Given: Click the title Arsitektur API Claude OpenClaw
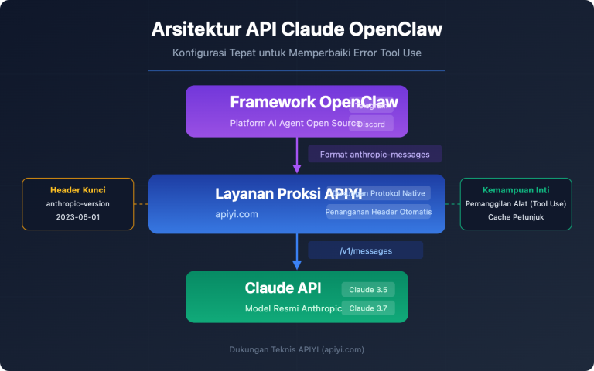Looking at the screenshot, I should [x=297, y=29].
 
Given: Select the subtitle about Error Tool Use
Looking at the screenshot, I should [x=297, y=53].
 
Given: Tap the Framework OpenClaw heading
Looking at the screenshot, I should [x=314, y=102].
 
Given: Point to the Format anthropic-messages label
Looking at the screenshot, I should [x=374, y=154].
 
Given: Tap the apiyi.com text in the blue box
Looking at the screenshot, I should [x=237, y=213].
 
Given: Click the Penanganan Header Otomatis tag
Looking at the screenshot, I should [x=379, y=212].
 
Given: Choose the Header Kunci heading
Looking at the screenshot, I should [x=77, y=190].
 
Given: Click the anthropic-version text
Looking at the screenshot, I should [x=77, y=203].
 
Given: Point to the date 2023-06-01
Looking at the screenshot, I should [x=77, y=217].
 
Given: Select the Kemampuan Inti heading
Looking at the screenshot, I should [x=516, y=190].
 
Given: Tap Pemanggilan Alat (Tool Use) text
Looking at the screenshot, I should [x=516, y=203].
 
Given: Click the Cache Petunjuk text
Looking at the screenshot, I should [x=516, y=217].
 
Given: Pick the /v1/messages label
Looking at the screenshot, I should [x=365, y=250].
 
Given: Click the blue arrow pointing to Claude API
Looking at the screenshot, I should [x=297, y=252].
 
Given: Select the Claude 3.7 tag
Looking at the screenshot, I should [x=368, y=308].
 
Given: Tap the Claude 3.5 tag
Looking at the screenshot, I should [x=368, y=290].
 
